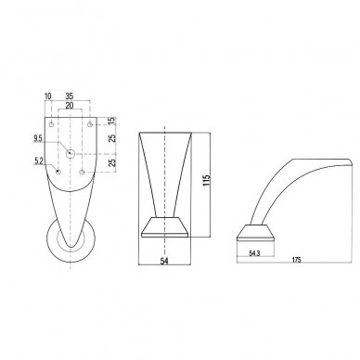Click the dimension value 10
click(48, 96)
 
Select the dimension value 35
click(70, 96)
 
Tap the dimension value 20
click(70, 106)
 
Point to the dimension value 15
click(112, 121)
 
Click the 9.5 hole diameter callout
click(38, 139)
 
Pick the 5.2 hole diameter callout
click(39, 161)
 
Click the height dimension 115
click(207, 181)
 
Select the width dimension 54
click(164, 261)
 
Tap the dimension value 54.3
click(254, 253)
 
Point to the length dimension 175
click(297, 260)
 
